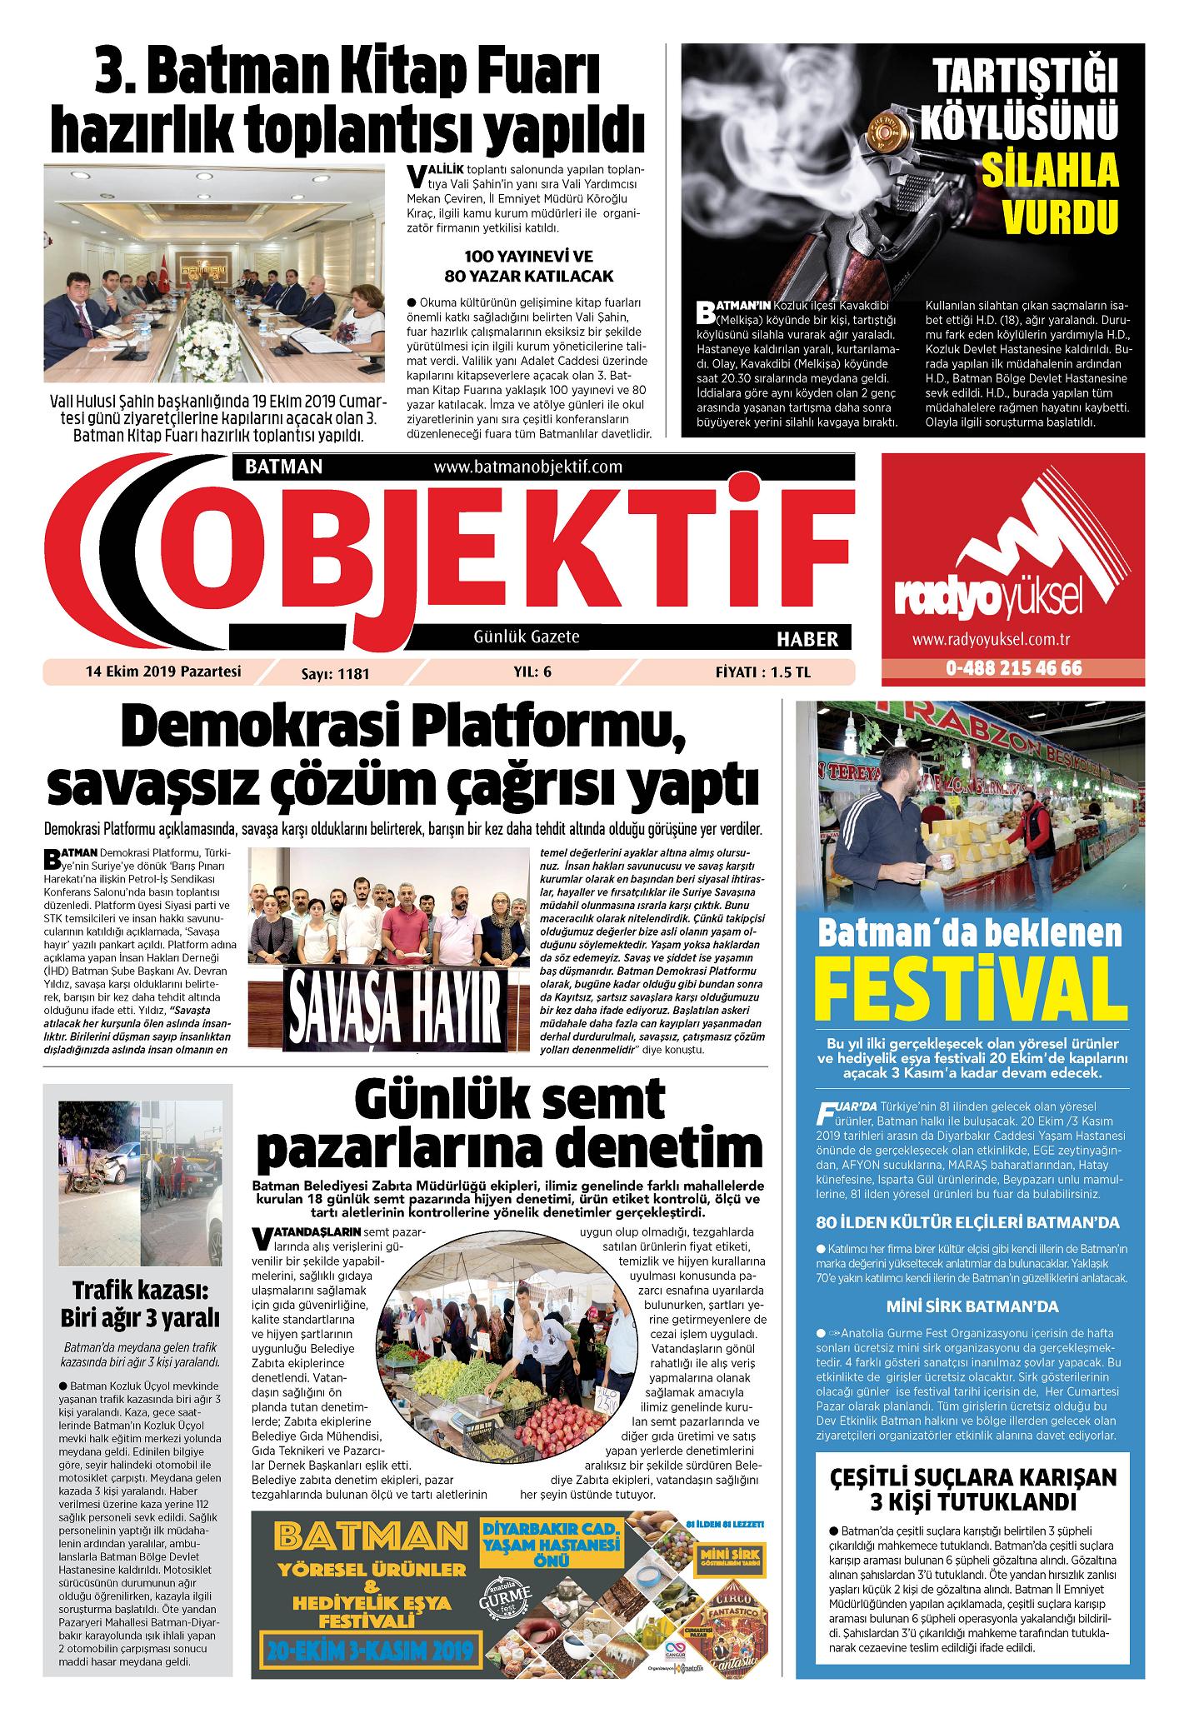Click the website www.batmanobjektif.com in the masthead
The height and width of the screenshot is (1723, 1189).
click(528, 467)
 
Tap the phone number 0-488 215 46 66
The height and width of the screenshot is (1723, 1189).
click(1013, 669)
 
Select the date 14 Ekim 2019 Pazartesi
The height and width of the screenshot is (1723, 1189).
click(162, 672)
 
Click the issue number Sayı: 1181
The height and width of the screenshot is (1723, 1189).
click(335, 673)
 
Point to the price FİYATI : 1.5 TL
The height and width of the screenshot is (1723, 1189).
click(762, 673)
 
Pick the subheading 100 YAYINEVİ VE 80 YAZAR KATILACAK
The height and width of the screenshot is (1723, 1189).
click(528, 266)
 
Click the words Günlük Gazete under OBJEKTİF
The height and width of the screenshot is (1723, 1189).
click(526, 637)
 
